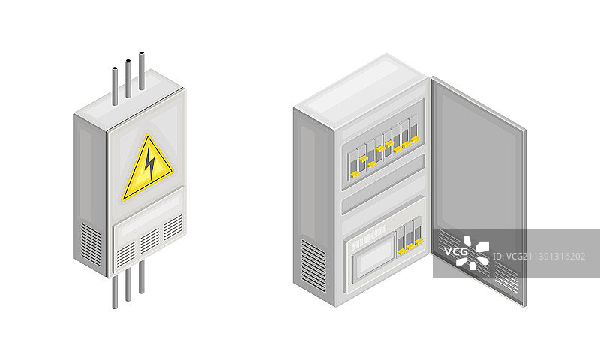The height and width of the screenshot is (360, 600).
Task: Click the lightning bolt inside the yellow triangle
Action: [x=150, y=163]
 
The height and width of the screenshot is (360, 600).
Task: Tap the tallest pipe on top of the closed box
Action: [x=142, y=70]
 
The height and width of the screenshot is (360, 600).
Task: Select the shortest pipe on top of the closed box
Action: [x=115, y=86]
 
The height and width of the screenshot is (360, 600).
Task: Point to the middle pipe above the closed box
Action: [x=128, y=79]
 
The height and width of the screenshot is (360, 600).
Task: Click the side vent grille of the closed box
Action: [x=91, y=244]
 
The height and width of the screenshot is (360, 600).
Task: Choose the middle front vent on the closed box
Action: [x=149, y=241]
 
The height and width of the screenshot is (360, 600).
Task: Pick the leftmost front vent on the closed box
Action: [x=126, y=254]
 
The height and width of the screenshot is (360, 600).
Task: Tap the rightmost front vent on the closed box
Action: [x=173, y=228]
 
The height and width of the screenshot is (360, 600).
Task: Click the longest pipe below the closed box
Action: [x=115, y=292]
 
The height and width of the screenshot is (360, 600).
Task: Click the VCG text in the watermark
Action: [x=456, y=251]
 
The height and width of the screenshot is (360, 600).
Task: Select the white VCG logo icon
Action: [x=473, y=253]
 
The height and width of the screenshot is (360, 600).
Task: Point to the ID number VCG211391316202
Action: [x=538, y=256]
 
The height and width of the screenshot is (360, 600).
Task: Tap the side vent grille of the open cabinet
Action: [x=313, y=266]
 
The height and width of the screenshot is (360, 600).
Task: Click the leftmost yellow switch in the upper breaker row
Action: [x=354, y=175]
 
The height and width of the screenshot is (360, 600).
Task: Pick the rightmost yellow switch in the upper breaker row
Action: [x=415, y=140]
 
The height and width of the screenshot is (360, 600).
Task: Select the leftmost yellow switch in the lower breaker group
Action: [x=402, y=251]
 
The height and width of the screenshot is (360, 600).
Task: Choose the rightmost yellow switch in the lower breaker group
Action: [x=419, y=241]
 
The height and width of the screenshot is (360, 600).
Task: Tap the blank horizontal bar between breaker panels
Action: [x=383, y=184]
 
